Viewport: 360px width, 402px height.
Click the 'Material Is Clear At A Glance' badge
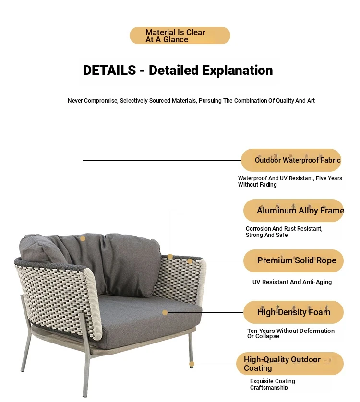click(180, 35)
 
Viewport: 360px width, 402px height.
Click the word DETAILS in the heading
click(109, 70)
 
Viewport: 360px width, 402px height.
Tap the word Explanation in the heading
click(237, 71)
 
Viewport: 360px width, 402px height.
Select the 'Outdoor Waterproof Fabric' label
click(291, 160)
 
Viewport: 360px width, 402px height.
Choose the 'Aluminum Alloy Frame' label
click(294, 211)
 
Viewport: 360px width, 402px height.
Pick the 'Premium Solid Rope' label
click(294, 261)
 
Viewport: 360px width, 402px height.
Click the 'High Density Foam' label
click(294, 312)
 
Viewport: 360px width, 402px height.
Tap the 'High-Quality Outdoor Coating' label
click(290, 364)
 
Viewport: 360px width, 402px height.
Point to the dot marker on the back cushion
click(83, 239)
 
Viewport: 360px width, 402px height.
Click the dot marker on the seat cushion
click(165, 312)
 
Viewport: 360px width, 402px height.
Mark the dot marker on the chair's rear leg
click(192, 364)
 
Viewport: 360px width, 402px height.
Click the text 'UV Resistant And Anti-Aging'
click(292, 282)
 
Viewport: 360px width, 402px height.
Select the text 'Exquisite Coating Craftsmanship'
click(273, 384)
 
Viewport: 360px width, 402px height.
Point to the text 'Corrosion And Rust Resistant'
click(284, 229)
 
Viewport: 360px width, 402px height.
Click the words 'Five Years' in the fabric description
click(329, 178)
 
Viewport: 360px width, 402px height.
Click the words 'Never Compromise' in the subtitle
click(92, 101)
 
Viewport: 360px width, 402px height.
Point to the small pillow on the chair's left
click(42, 248)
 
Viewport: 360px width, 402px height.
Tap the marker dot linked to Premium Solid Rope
click(190, 261)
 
